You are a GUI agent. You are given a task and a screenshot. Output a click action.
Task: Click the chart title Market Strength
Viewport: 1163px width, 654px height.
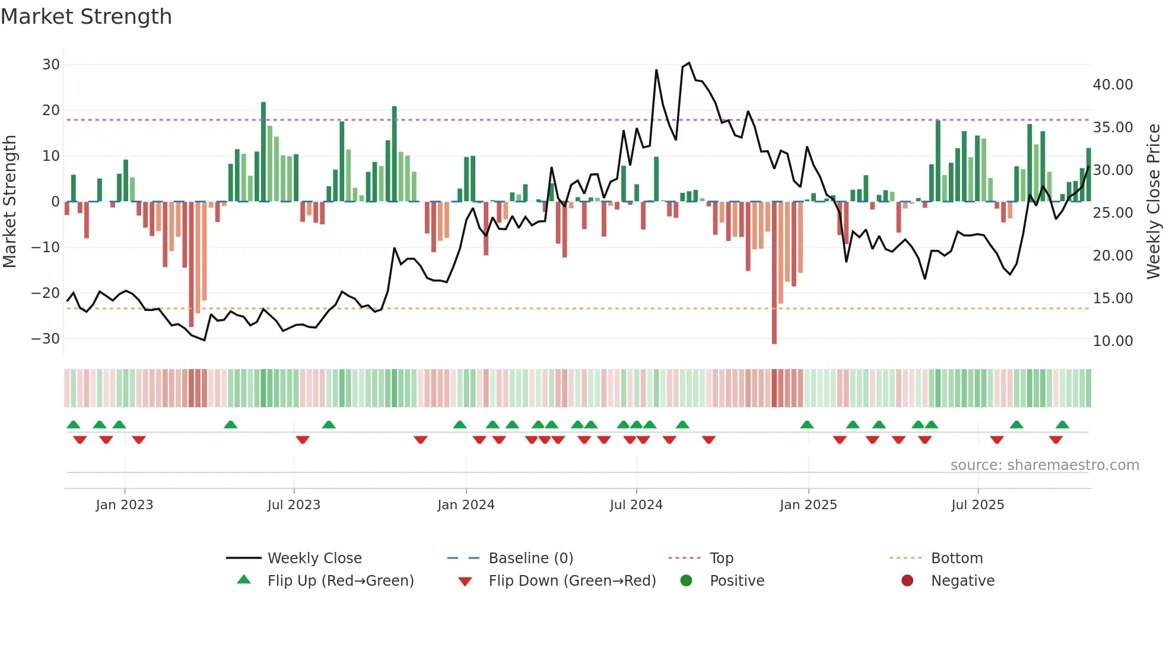click(86, 17)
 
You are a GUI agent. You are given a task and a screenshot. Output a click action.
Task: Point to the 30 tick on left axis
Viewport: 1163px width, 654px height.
click(51, 64)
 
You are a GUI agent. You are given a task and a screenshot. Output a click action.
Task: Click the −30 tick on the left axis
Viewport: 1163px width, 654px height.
click(46, 338)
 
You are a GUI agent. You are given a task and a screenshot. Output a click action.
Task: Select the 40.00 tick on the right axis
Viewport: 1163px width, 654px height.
click(1113, 85)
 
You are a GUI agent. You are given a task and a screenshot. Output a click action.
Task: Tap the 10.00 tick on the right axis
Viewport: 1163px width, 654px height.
click(1113, 341)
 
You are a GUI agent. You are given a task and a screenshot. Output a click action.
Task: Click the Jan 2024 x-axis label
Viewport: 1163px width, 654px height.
click(466, 505)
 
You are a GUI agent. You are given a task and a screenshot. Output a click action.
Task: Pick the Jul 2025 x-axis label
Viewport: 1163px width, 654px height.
click(977, 505)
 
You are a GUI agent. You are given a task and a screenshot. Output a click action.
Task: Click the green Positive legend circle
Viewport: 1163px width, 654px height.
click(686, 581)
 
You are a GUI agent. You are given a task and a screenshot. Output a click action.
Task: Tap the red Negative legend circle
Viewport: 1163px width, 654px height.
click(907, 581)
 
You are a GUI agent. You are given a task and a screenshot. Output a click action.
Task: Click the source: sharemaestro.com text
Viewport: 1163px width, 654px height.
click(1044, 465)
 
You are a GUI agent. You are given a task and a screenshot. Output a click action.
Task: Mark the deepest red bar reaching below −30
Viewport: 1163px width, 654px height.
click(774, 273)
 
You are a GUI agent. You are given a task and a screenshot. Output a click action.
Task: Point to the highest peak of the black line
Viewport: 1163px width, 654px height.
click(689, 63)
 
